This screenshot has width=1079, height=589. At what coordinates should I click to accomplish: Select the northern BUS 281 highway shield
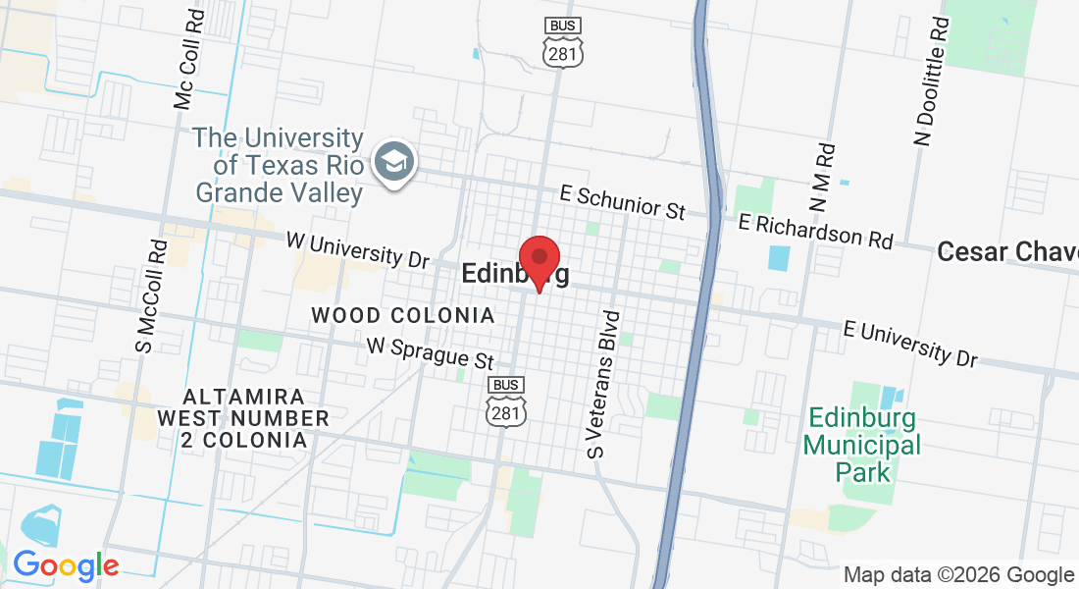563,42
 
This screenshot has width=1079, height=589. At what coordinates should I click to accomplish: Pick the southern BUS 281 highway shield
506,402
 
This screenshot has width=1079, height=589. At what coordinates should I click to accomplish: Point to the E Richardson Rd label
816,231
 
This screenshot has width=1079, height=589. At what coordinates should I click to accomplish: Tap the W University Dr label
358,250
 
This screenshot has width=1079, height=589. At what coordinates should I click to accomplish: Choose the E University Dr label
910,342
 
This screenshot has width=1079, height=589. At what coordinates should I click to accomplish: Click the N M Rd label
822,178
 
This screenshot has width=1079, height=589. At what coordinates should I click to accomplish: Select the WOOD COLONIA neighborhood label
403,316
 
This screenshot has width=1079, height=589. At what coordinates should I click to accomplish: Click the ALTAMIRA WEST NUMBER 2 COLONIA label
244,418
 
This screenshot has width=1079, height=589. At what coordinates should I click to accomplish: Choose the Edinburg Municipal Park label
863,446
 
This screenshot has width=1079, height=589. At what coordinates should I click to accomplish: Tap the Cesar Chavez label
1006,252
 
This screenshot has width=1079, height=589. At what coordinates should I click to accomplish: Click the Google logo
65,565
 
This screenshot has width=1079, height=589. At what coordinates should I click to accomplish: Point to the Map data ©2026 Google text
958,575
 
